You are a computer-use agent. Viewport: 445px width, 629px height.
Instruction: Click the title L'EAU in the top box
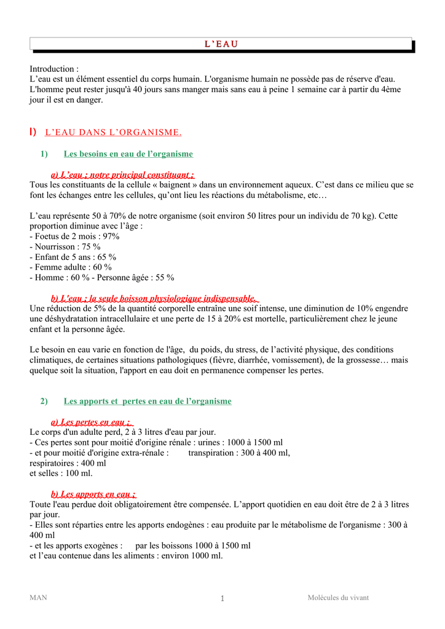click(x=221, y=44)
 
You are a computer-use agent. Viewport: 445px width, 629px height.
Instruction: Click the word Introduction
click(x=53, y=69)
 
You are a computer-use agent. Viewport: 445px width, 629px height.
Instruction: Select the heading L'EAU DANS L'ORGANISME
click(x=113, y=132)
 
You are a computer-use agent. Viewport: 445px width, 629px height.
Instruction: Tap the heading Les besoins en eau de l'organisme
click(x=128, y=154)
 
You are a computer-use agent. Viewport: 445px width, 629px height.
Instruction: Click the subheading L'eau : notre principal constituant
click(x=122, y=175)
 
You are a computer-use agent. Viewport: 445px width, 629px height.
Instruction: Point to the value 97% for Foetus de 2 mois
click(x=111, y=236)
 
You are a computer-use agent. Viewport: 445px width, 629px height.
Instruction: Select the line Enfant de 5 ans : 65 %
click(x=73, y=257)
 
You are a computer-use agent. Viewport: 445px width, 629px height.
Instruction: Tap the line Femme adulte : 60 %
click(x=71, y=267)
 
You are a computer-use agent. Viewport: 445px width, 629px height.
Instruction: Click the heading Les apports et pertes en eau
click(x=148, y=401)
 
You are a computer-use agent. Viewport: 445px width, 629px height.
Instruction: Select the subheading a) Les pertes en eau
click(x=92, y=422)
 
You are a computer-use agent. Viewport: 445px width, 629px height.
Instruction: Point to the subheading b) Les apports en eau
click(x=93, y=494)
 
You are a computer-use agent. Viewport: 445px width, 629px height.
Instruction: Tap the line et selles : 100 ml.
click(x=61, y=474)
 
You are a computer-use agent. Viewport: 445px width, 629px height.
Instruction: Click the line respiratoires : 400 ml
click(x=68, y=463)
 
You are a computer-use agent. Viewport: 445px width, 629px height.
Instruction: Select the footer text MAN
click(x=38, y=598)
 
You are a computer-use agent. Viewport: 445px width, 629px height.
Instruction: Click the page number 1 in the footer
click(x=222, y=598)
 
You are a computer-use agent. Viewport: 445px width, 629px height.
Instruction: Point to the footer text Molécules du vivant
click(x=338, y=598)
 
